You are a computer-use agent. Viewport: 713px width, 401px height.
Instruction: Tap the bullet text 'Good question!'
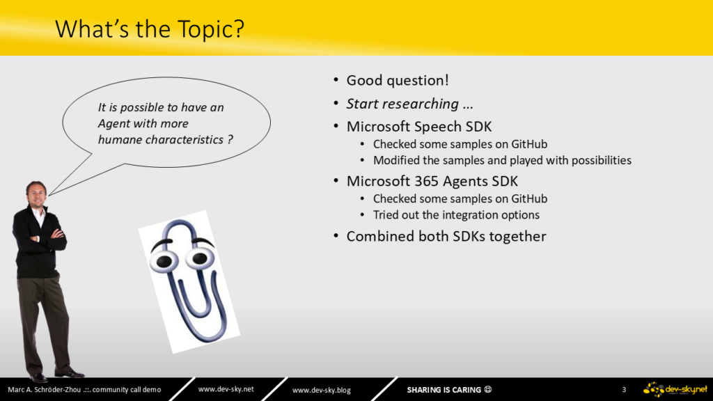[398, 81]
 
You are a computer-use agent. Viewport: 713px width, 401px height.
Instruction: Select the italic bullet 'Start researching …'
[409, 104]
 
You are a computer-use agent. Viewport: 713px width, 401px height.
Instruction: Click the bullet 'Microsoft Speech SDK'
[418, 127]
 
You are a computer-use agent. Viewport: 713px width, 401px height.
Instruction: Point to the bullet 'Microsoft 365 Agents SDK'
[432, 182]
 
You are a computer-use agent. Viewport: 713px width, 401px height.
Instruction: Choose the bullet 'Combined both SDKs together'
[446, 237]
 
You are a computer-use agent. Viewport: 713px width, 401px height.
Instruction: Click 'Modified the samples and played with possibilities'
[502, 161]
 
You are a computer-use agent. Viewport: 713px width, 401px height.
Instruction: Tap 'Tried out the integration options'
[456, 215]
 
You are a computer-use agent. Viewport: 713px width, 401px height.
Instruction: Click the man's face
[36, 194]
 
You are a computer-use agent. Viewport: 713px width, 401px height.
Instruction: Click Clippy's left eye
[164, 262]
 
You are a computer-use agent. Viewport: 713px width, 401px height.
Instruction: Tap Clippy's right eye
[199, 259]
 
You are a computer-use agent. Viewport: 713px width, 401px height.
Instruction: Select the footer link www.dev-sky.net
[226, 389]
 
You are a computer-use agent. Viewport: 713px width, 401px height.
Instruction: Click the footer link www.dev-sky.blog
[322, 390]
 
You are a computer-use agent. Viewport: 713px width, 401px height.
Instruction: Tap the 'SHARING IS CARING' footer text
[444, 390]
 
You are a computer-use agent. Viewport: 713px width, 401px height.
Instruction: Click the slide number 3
[624, 390]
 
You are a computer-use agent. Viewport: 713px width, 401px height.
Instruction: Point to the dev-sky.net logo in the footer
[675, 390]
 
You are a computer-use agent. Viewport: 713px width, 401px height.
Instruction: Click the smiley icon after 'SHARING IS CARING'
[488, 389]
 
